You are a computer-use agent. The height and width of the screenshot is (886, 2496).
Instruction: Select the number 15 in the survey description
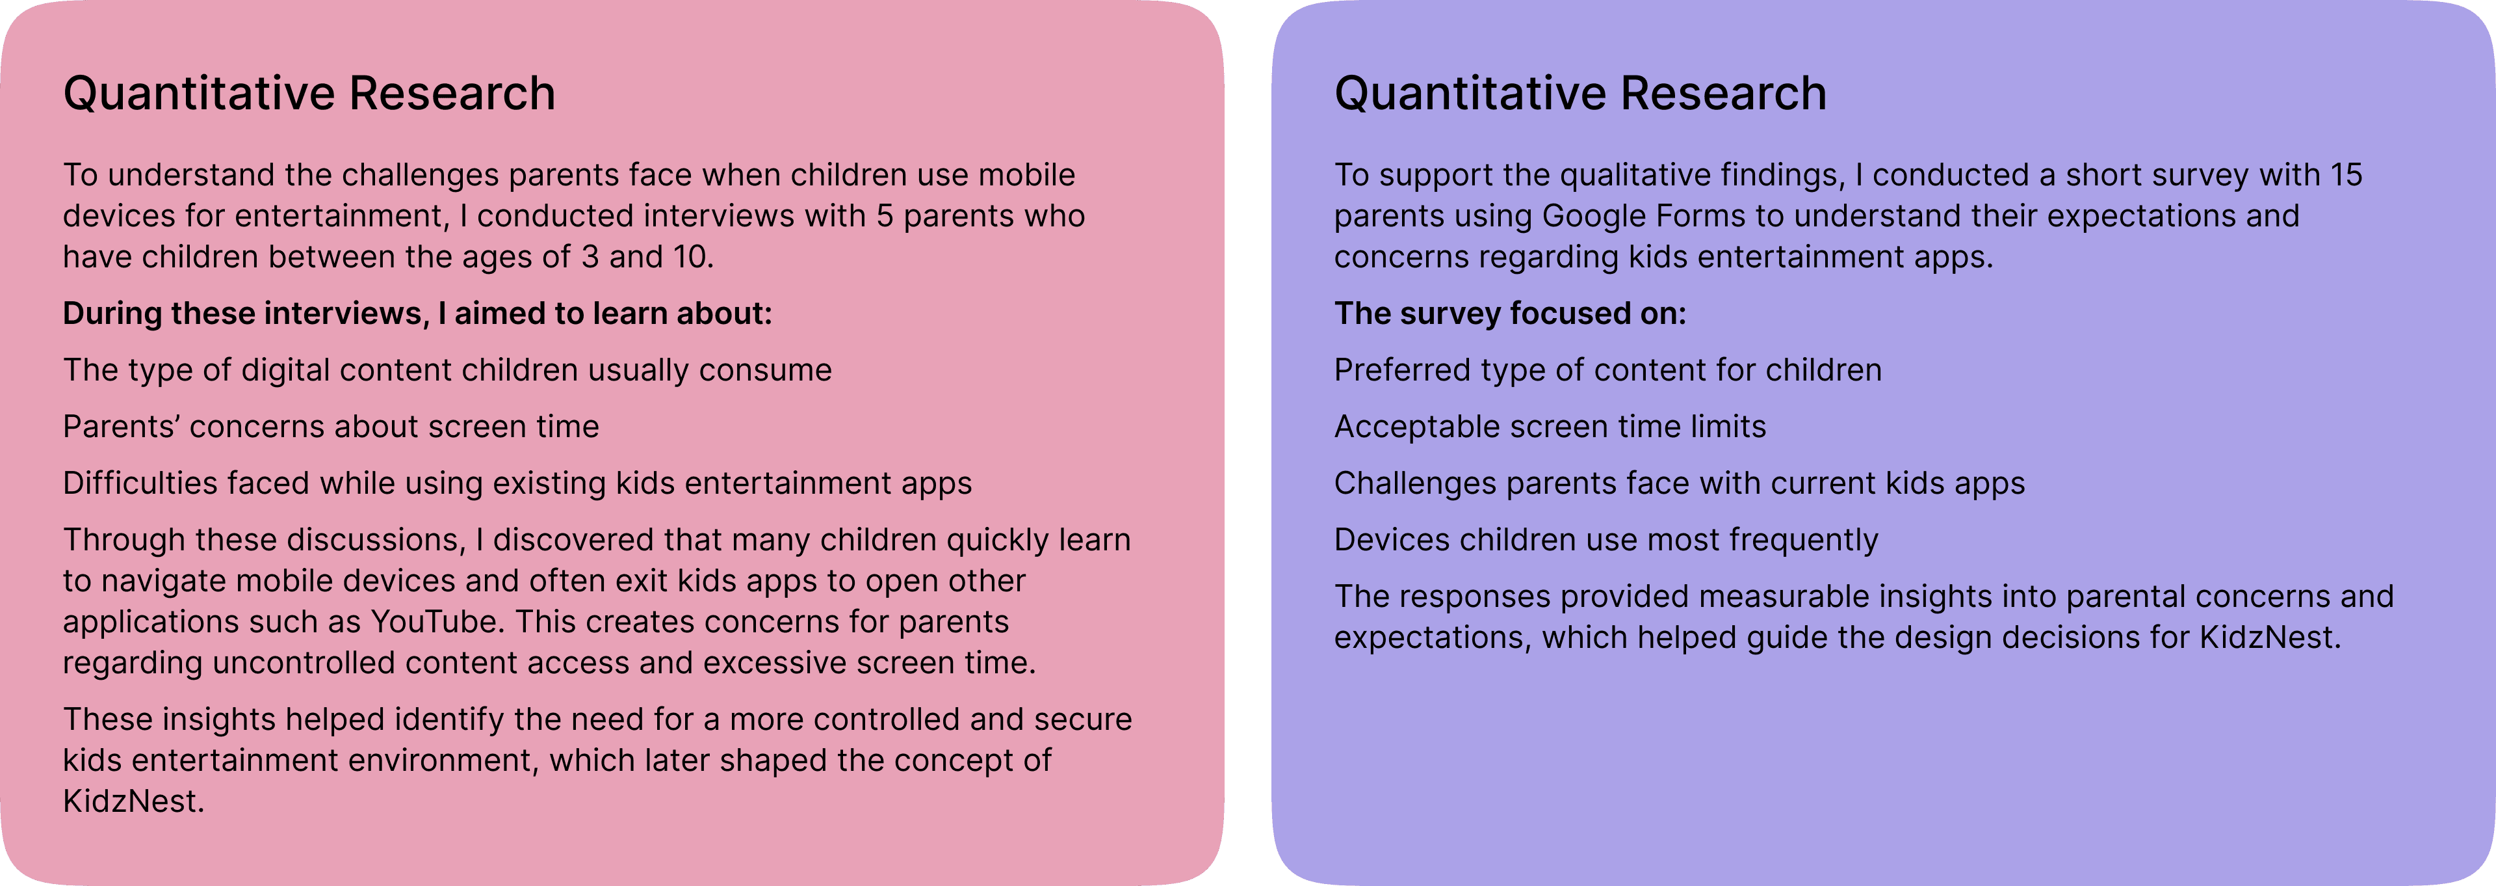(2346, 174)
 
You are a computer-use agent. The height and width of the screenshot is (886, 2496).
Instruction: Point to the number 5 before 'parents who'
(885, 215)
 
